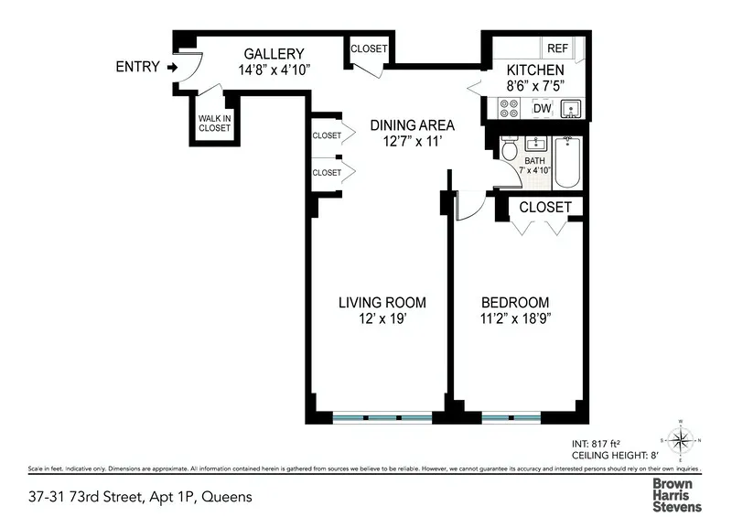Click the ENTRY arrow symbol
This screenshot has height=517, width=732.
click(x=171, y=67)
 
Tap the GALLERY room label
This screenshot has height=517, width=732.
click(x=273, y=54)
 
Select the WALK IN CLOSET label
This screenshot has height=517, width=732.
click(x=214, y=123)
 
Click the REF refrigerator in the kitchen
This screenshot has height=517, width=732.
click(x=556, y=48)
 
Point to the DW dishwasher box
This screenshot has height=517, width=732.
click(x=542, y=109)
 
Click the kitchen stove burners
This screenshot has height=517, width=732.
click(x=509, y=109)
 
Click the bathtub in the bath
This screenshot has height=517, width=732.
click(x=567, y=161)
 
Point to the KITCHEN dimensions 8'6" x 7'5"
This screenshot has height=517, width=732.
click(x=535, y=85)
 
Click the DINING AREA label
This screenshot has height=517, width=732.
click(x=412, y=125)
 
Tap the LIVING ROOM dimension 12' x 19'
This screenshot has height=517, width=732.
click(x=382, y=318)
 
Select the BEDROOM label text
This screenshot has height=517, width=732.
click(x=515, y=303)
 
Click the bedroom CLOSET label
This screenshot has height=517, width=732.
click(x=545, y=208)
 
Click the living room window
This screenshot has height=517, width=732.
click(x=382, y=418)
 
